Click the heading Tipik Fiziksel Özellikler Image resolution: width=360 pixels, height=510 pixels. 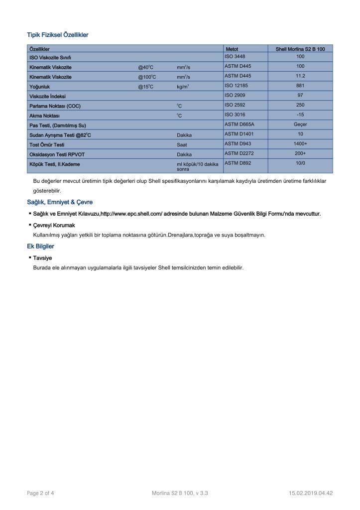click(x=58, y=35)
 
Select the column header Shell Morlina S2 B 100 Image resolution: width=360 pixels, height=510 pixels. click(x=300, y=49)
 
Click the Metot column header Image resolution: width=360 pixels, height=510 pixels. click(x=232, y=49)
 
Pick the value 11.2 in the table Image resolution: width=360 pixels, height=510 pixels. click(x=300, y=76)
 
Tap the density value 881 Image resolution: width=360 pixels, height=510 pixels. click(x=300, y=86)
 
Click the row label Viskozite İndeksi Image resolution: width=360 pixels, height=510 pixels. click(x=47, y=96)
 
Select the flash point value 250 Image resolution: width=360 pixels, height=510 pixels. click(x=300, y=105)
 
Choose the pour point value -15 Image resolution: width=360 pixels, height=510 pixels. click(x=300, y=115)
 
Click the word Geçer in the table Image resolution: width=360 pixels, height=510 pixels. click(x=300, y=125)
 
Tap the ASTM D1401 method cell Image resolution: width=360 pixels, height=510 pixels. click(x=239, y=134)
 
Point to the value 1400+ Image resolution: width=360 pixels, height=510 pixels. click(x=300, y=144)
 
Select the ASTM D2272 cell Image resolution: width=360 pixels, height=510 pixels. click(x=239, y=153)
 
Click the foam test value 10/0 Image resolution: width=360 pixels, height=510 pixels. click(x=300, y=163)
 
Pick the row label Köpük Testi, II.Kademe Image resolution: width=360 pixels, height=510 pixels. click(x=55, y=163)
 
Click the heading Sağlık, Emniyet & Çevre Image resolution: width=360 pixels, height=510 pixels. click(x=60, y=202)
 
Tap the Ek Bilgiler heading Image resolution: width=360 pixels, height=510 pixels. click(x=40, y=246)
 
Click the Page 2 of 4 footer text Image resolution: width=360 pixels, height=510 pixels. click(x=40, y=493)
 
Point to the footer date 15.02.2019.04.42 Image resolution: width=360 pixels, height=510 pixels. click(x=311, y=493)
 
